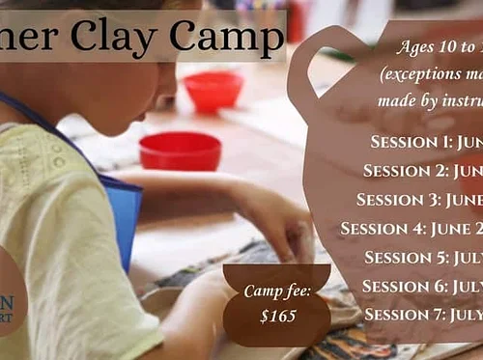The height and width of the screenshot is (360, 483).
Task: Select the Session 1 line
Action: [426, 142]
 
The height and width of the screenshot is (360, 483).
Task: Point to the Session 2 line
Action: [422, 171]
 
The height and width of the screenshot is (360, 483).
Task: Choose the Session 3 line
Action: [419, 200]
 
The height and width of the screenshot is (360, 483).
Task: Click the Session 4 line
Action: [412, 229]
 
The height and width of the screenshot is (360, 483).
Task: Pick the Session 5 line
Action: [423, 258]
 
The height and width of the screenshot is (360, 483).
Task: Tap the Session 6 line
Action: [422, 286]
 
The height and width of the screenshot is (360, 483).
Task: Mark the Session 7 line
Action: [423, 315]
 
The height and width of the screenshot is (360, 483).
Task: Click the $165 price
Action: [277, 315]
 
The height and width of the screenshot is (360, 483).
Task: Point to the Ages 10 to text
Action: [437, 47]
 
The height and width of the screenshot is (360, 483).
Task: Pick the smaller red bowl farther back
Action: [213, 90]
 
